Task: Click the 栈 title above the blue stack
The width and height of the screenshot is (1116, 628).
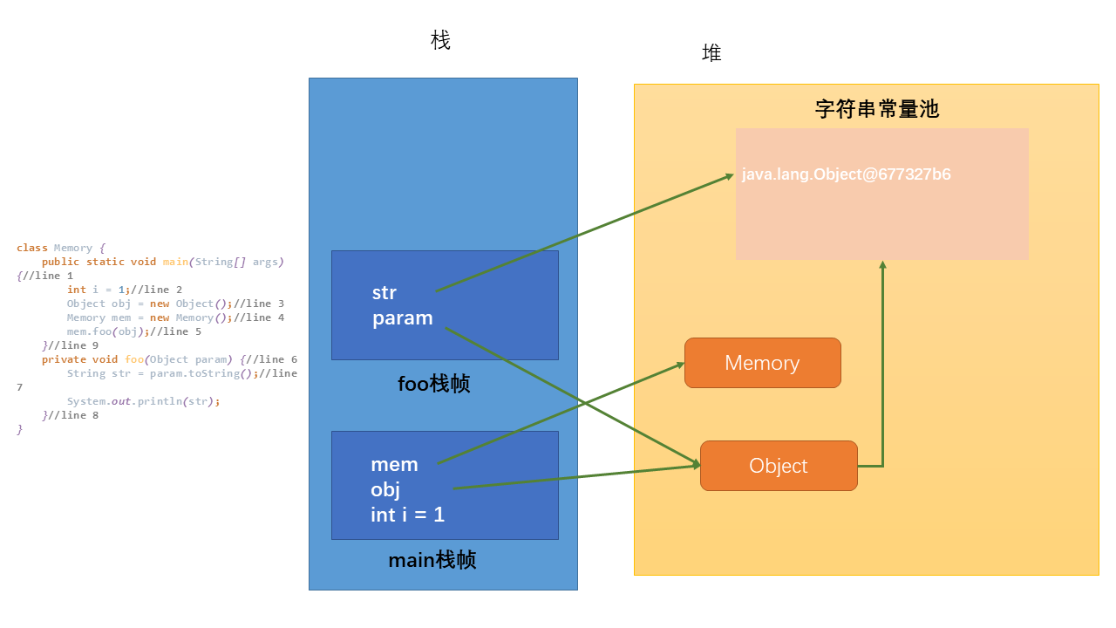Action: point(441,40)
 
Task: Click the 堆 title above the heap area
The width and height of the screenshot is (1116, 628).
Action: point(711,53)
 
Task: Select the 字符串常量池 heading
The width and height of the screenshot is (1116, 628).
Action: point(876,109)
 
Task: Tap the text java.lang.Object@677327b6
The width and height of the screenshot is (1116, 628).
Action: point(846,174)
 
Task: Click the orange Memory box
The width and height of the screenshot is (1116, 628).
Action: point(762,363)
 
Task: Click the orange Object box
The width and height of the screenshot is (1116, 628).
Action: point(779,466)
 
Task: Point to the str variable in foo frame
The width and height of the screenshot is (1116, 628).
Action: point(384,292)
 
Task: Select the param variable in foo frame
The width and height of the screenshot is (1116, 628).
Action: point(402,318)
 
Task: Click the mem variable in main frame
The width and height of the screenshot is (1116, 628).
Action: point(394,464)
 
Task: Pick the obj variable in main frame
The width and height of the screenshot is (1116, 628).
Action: point(385,489)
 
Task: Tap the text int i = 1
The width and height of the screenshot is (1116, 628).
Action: point(407,515)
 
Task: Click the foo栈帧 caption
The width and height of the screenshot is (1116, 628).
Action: point(433,384)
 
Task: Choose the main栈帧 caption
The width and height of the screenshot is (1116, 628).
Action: point(432,560)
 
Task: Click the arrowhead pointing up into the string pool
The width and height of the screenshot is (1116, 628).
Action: point(882,265)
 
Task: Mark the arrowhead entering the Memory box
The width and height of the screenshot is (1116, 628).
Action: point(679,365)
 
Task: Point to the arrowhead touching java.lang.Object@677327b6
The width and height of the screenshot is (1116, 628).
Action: point(730,176)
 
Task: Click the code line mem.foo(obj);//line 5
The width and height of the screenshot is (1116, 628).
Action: point(133,331)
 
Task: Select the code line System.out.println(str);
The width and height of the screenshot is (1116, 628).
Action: point(143,401)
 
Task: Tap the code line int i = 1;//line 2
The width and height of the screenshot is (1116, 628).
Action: point(125,290)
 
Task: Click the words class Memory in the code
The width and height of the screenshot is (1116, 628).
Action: point(60,248)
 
